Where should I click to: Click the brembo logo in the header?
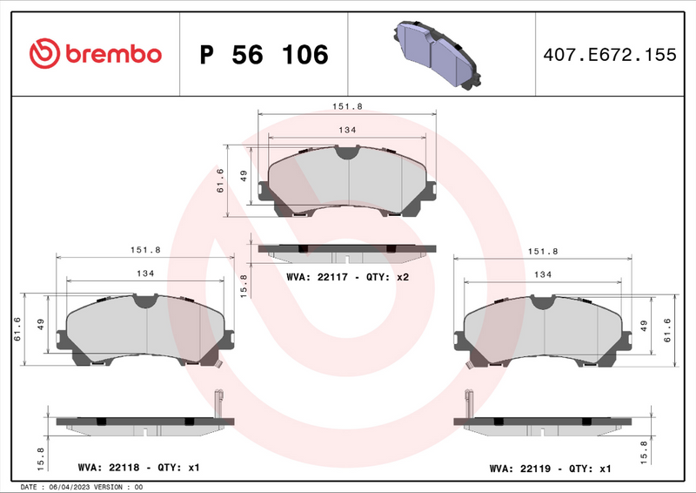(97, 53)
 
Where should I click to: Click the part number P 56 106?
(264, 55)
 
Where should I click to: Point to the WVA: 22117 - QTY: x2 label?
(347, 276)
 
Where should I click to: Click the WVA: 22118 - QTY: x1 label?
(139, 468)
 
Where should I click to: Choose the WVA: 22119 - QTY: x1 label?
(550, 469)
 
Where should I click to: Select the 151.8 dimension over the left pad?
(145, 249)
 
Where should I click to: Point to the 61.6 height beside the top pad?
(221, 179)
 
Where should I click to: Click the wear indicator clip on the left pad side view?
(218, 403)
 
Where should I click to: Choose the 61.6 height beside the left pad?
(18, 329)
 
